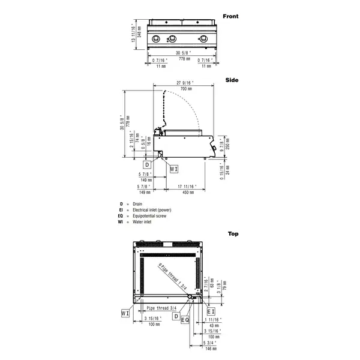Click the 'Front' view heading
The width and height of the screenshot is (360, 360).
tap(230, 16)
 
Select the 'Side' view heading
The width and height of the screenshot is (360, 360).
tap(232, 79)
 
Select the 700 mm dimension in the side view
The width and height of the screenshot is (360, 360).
tap(186, 88)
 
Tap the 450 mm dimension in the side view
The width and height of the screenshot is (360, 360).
tap(188, 193)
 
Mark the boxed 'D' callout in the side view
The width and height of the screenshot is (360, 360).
tap(146, 164)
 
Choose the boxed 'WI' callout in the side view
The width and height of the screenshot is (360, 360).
tap(173, 169)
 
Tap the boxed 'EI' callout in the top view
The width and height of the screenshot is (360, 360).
tap(211, 312)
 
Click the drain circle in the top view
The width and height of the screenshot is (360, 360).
tap(191, 298)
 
